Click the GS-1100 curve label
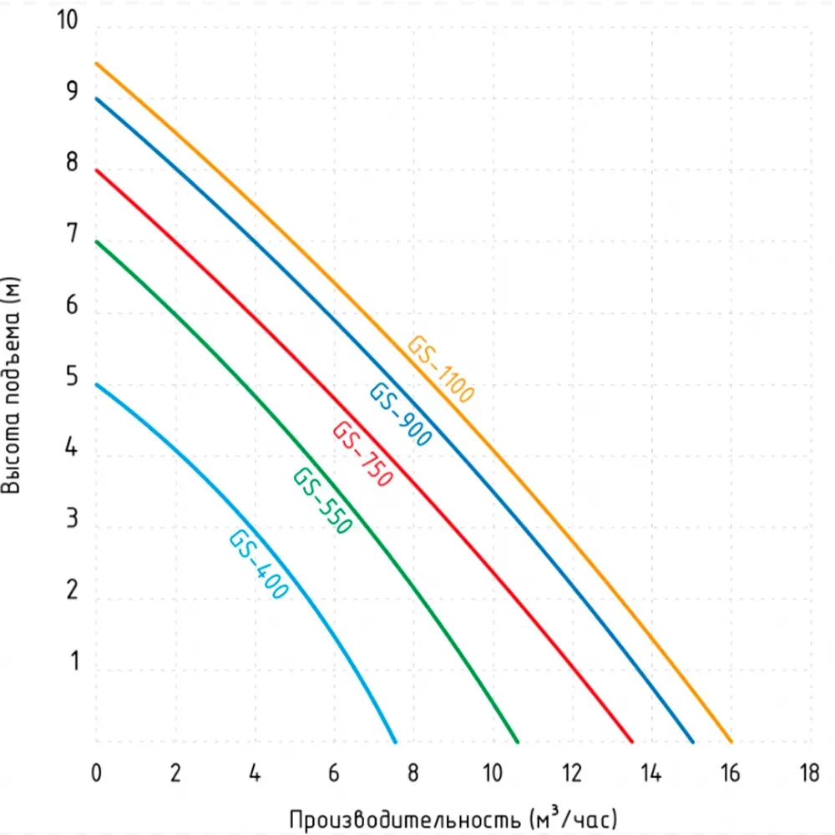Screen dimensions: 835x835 click(x=440, y=369)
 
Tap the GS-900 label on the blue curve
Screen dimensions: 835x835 click(x=401, y=414)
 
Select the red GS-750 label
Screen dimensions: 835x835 click(x=362, y=455)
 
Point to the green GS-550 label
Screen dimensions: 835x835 click(x=322, y=501)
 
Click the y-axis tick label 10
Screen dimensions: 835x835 click(x=67, y=21)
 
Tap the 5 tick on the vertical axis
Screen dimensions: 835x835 click(x=73, y=378)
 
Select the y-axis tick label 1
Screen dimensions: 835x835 click(x=74, y=664)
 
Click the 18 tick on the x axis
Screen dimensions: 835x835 click(x=808, y=773)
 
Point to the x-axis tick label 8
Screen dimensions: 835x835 click(x=412, y=773)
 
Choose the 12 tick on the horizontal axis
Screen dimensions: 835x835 click(x=571, y=773)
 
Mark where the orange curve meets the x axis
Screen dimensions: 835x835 click(x=731, y=741)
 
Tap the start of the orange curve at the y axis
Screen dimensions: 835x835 click(x=96, y=63)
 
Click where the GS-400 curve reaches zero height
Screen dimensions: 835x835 click(x=396, y=741)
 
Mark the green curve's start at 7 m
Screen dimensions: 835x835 click(x=96, y=241)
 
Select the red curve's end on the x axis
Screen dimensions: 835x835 click(x=631, y=741)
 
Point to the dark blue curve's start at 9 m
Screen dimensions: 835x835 click(x=96, y=99)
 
